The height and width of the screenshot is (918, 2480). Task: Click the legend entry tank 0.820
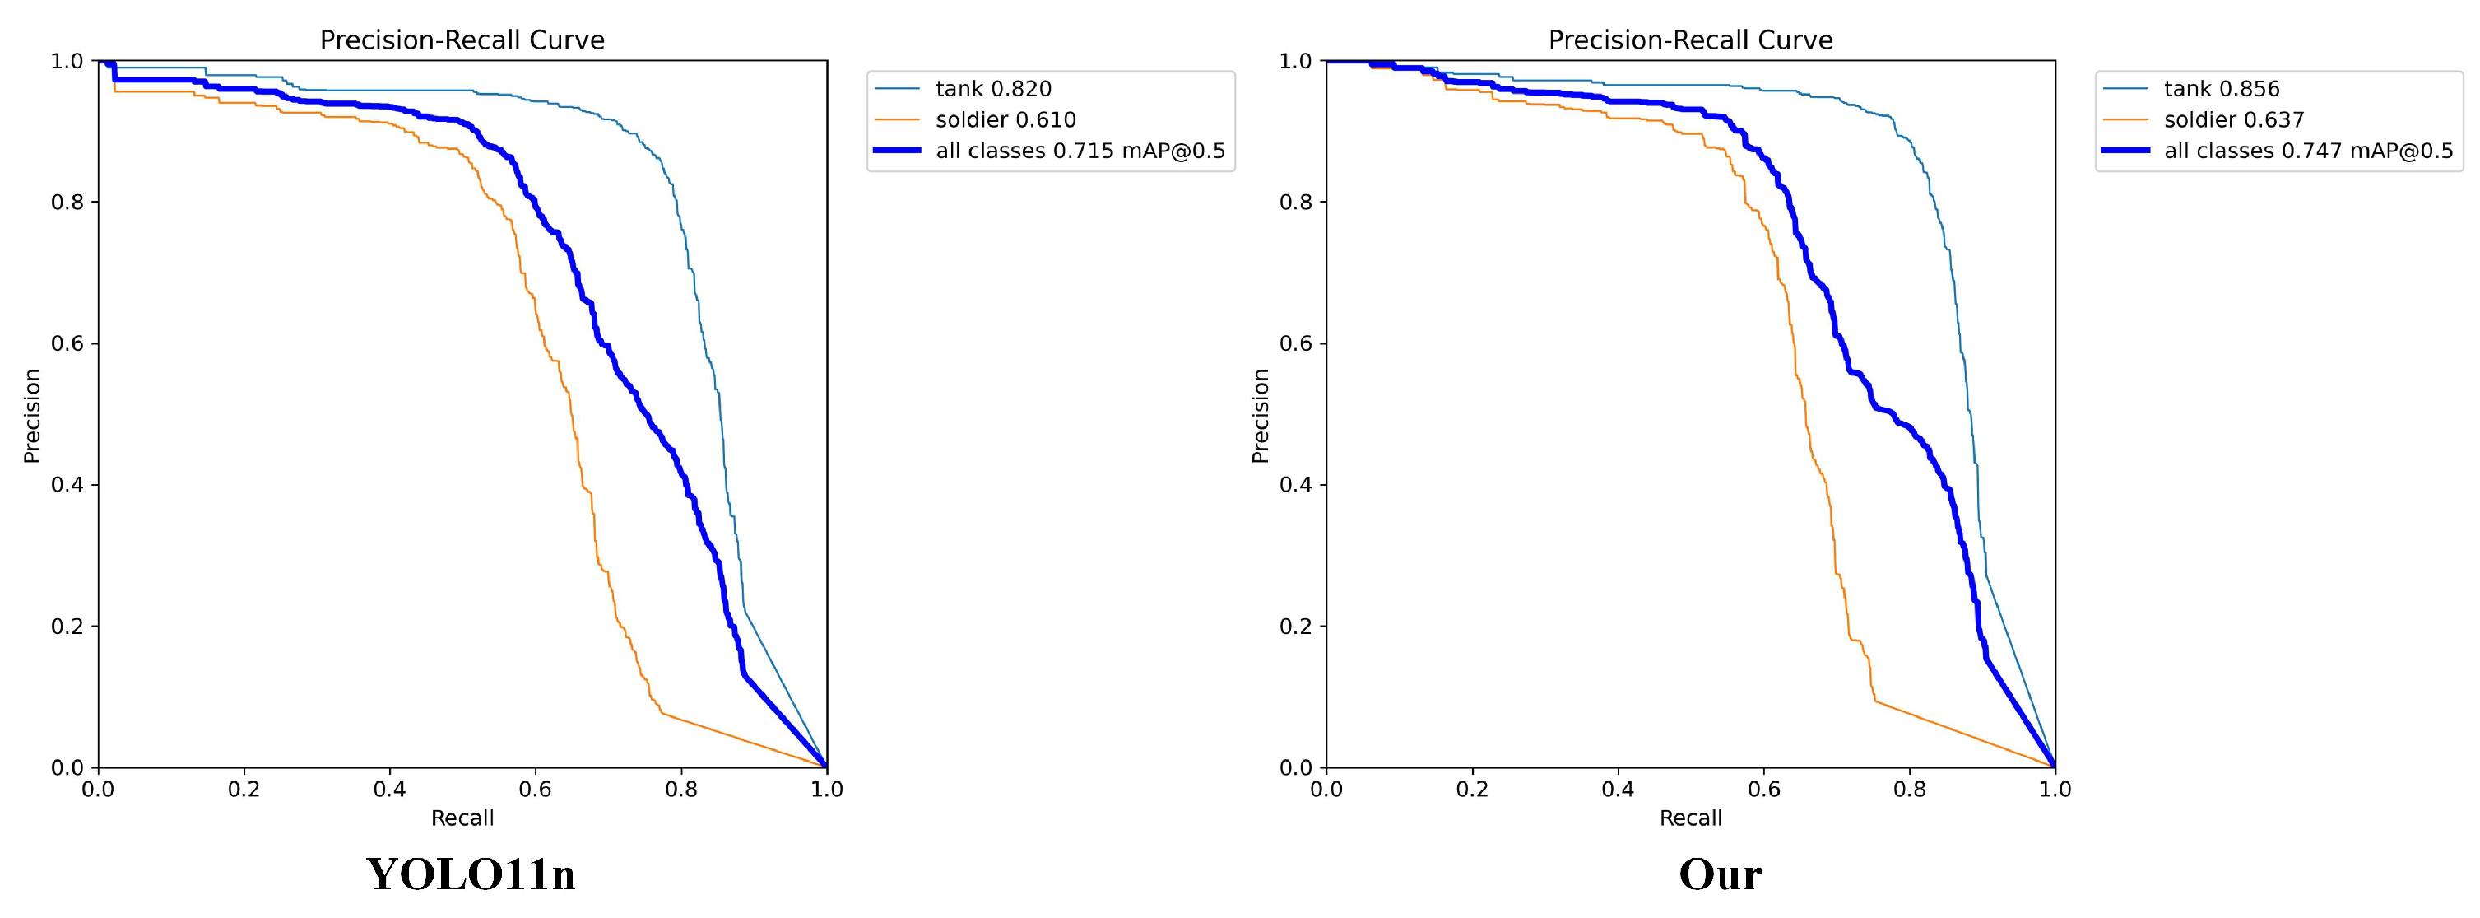tap(992, 89)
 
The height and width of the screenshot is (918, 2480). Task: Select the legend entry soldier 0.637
tap(2233, 120)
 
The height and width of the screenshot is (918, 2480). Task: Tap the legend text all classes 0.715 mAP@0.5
tap(1080, 151)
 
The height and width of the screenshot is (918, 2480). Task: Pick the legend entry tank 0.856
tap(2221, 89)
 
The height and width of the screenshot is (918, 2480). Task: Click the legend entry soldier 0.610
tap(1005, 120)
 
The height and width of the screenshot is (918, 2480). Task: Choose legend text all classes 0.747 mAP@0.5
tap(2309, 151)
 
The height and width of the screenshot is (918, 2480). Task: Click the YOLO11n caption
tap(471, 874)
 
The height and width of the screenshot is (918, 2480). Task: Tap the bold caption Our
tap(1720, 874)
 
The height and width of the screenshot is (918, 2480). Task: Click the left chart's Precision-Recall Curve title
tap(462, 40)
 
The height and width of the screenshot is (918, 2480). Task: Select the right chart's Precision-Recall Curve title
tap(1691, 40)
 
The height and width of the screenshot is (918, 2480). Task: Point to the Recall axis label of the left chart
tap(462, 818)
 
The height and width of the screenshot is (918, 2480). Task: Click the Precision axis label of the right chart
tap(1261, 415)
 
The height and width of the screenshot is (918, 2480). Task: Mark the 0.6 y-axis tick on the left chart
tap(68, 344)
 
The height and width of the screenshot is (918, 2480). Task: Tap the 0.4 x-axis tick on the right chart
tap(1618, 790)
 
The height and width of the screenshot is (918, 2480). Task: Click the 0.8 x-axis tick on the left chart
tap(680, 790)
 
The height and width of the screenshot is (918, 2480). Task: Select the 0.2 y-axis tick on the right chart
tap(1297, 626)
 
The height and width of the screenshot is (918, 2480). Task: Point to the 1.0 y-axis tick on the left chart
tap(68, 62)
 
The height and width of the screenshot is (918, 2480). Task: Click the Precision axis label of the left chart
tap(32, 415)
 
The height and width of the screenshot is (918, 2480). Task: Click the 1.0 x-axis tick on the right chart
tap(2055, 790)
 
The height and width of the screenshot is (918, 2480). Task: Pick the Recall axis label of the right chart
tap(1691, 818)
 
